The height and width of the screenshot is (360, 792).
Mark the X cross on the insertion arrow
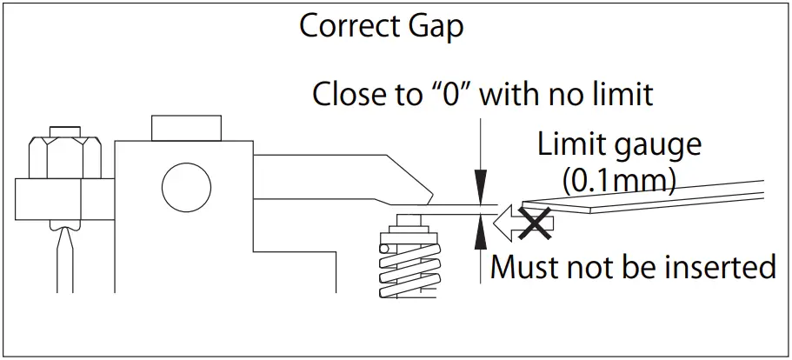pyautogui.click(x=537, y=222)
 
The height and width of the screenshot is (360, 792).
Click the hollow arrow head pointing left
pyautogui.click(x=504, y=222)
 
